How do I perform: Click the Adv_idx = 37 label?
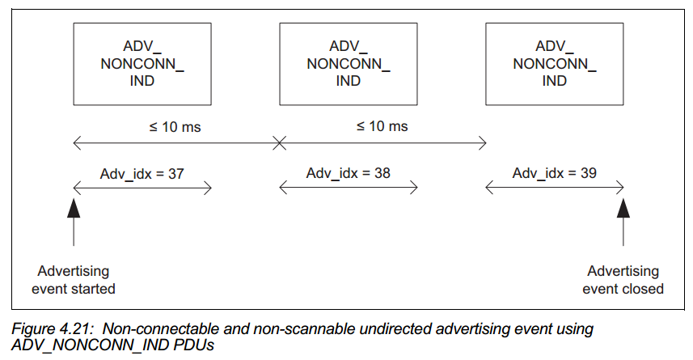tap(142, 174)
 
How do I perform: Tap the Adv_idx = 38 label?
tap(349, 173)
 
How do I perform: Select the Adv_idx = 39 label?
tap(554, 173)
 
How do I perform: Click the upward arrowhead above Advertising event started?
tap(74, 208)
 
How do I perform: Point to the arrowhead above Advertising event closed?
tap(623, 208)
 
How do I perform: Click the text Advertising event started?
tap(74, 280)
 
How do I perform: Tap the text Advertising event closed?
tap(623, 280)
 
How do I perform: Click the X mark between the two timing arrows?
tap(279, 143)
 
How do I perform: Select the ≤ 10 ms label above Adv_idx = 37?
tap(175, 127)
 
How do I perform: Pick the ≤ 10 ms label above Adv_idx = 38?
tap(382, 126)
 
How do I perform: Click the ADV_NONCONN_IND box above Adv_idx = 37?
tap(142, 64)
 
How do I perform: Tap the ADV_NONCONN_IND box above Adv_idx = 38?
tap(349, 64)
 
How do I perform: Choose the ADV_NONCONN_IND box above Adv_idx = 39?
tap(555, 64)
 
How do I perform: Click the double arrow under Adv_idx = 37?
tap(142, 188)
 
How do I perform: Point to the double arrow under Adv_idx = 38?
tap(349, 188)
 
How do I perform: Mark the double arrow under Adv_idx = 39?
tap(555, 188)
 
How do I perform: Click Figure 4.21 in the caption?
tap(53, 329)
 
